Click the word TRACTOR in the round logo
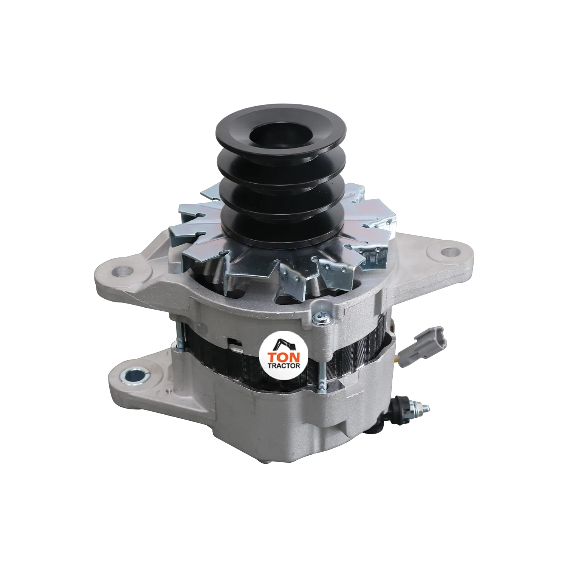[x=284, y=366]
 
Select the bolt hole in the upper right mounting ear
[x=447, y=251]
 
